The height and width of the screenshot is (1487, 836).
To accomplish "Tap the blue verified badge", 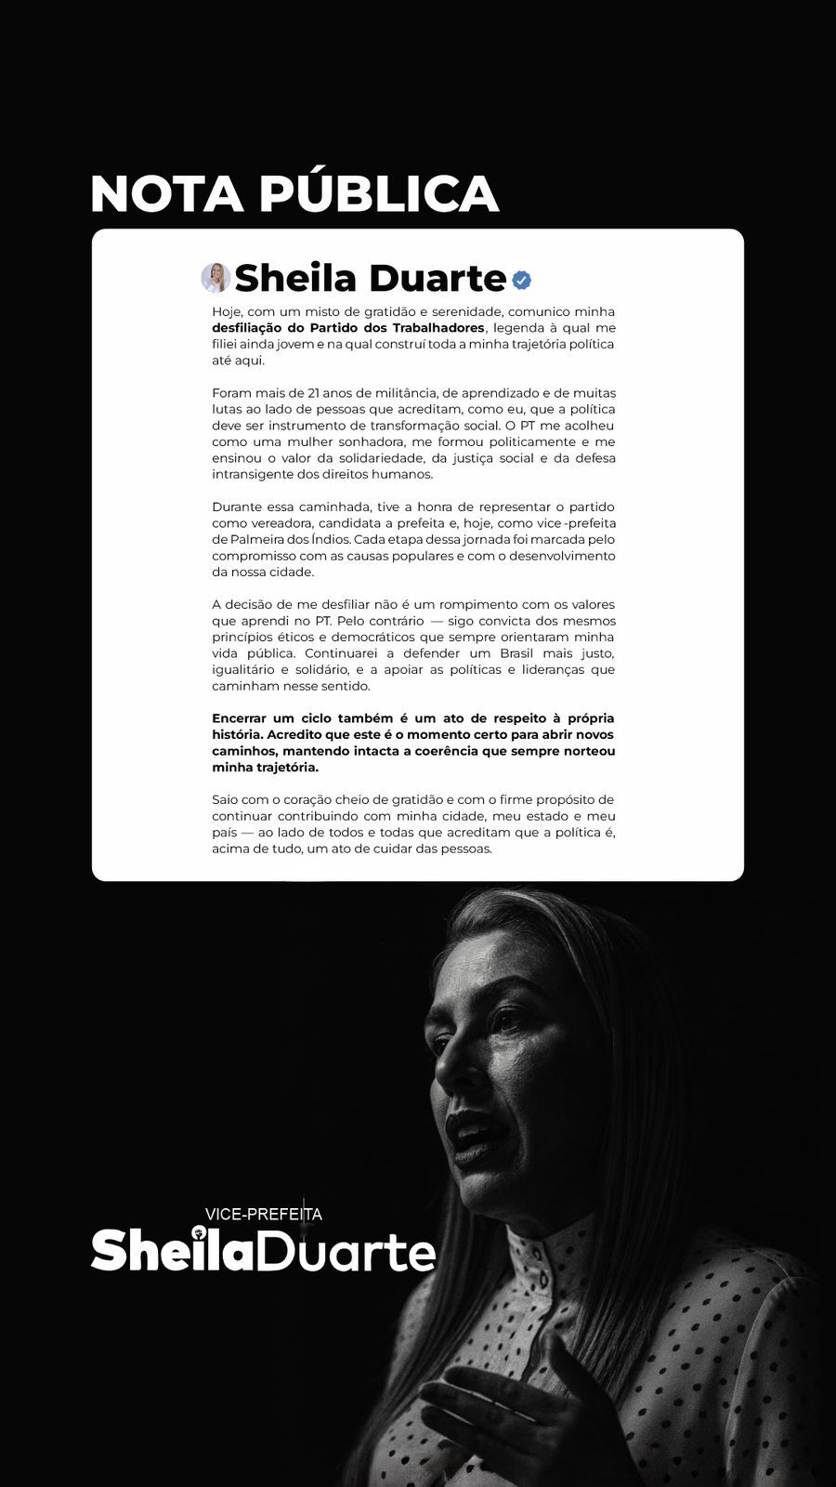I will point(521,279).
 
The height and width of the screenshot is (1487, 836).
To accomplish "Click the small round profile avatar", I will point(216,278).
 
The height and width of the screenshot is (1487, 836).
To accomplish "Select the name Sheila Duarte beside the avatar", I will point(370,278).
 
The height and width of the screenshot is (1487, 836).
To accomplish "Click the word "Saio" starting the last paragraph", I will point(225,800).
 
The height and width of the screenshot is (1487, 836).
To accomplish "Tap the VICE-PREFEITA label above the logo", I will point(263,1214).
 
